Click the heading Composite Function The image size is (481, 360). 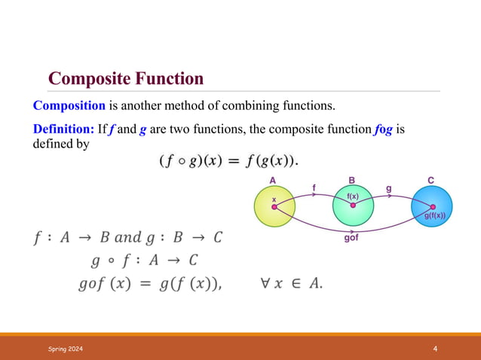point(125,78)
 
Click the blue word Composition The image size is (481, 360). point(68,105)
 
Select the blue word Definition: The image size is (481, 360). point(64,129)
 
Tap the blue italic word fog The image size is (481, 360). point(383,129)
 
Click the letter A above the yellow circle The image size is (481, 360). point(273,180)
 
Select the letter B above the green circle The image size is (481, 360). point(351,180)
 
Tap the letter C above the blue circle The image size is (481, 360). point(430,180)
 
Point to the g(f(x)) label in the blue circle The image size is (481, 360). point(435,216)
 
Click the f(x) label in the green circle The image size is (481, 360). point(352,195)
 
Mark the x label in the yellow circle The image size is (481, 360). point(274,200)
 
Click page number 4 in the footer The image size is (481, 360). point(436,348)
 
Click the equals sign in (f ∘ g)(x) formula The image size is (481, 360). point(231,160)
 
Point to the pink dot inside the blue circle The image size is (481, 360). point(433,207)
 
